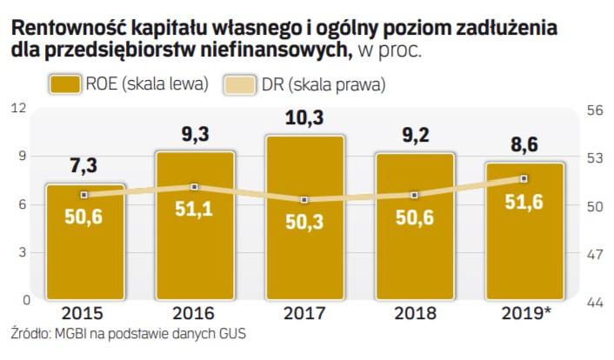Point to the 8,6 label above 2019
point(524,145)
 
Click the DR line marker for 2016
point(195,186)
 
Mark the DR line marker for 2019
point(524,178)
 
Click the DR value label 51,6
point(524,202)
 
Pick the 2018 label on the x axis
point(414,313)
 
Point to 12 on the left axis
point(18,108)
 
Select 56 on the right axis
point(596,110)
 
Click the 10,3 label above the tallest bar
point(304,117)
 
